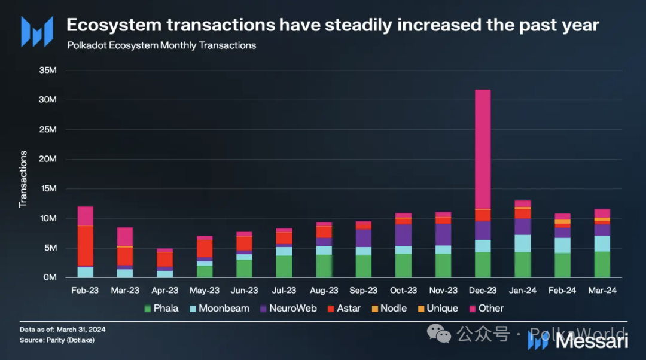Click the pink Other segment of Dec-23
(483, 149)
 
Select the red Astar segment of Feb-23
(86, 245)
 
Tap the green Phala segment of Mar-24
(602, 264)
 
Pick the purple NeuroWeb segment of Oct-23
(403, 235)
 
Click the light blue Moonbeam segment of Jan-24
(522, 243)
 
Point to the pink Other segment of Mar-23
(125, 236)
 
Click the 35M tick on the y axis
(48, 71)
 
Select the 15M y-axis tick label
(48, 189)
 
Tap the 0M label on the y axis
(50, 277)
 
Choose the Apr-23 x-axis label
(164, 291)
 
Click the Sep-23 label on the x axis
(364, 291)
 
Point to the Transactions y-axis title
(23, 179)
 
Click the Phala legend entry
(161, 309)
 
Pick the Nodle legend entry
(388, 309)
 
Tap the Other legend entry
(485, 309)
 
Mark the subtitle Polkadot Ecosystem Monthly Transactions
(161, 45)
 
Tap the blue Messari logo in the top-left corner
(37, 31)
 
